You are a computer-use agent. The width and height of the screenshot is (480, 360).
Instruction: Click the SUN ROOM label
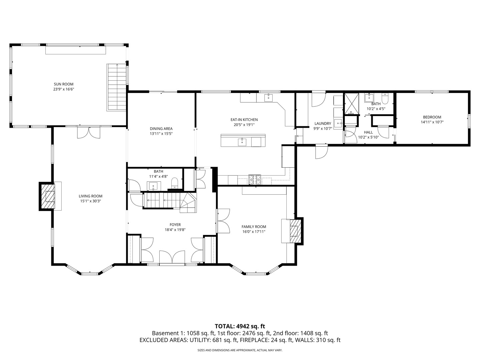pyautogui.click(x=63, y=84)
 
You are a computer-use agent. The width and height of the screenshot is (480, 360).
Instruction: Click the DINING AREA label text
pyautogui.click(x=161, y=129)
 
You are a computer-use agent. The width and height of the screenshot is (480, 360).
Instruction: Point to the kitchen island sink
pyautogui.click(x=242, y=142)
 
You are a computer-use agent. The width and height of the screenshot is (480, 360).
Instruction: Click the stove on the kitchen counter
pyautogui.click(x=255, y=180)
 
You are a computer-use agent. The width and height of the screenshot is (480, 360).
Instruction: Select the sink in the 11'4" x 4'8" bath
pyautogui.click(x=154, y=185)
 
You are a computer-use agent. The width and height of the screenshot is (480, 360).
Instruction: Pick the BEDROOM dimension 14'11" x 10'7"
pyautogui.click(x=432, y=122)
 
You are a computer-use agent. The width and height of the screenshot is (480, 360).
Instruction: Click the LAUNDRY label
pyautogui.click(x=323, y=124)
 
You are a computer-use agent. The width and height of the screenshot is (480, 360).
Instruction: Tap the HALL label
pyautogui.click(x=368, y=132)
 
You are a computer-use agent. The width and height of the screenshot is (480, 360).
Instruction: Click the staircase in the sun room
pyautogui.click(x=117, y=87)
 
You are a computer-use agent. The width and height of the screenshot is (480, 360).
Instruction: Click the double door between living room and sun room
pyautogui.click(x=88, y=132)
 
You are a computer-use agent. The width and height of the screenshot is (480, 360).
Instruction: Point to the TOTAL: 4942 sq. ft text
pyautogui.click(x=240, y=326)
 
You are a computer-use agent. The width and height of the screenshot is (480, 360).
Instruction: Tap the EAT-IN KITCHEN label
pyautogui.click(x=244, y=120)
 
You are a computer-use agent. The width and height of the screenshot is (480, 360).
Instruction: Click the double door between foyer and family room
pyautogui.click(x=223, y=221)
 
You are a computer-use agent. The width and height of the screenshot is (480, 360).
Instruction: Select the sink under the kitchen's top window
pyautogui.click(x=268, y=97)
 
